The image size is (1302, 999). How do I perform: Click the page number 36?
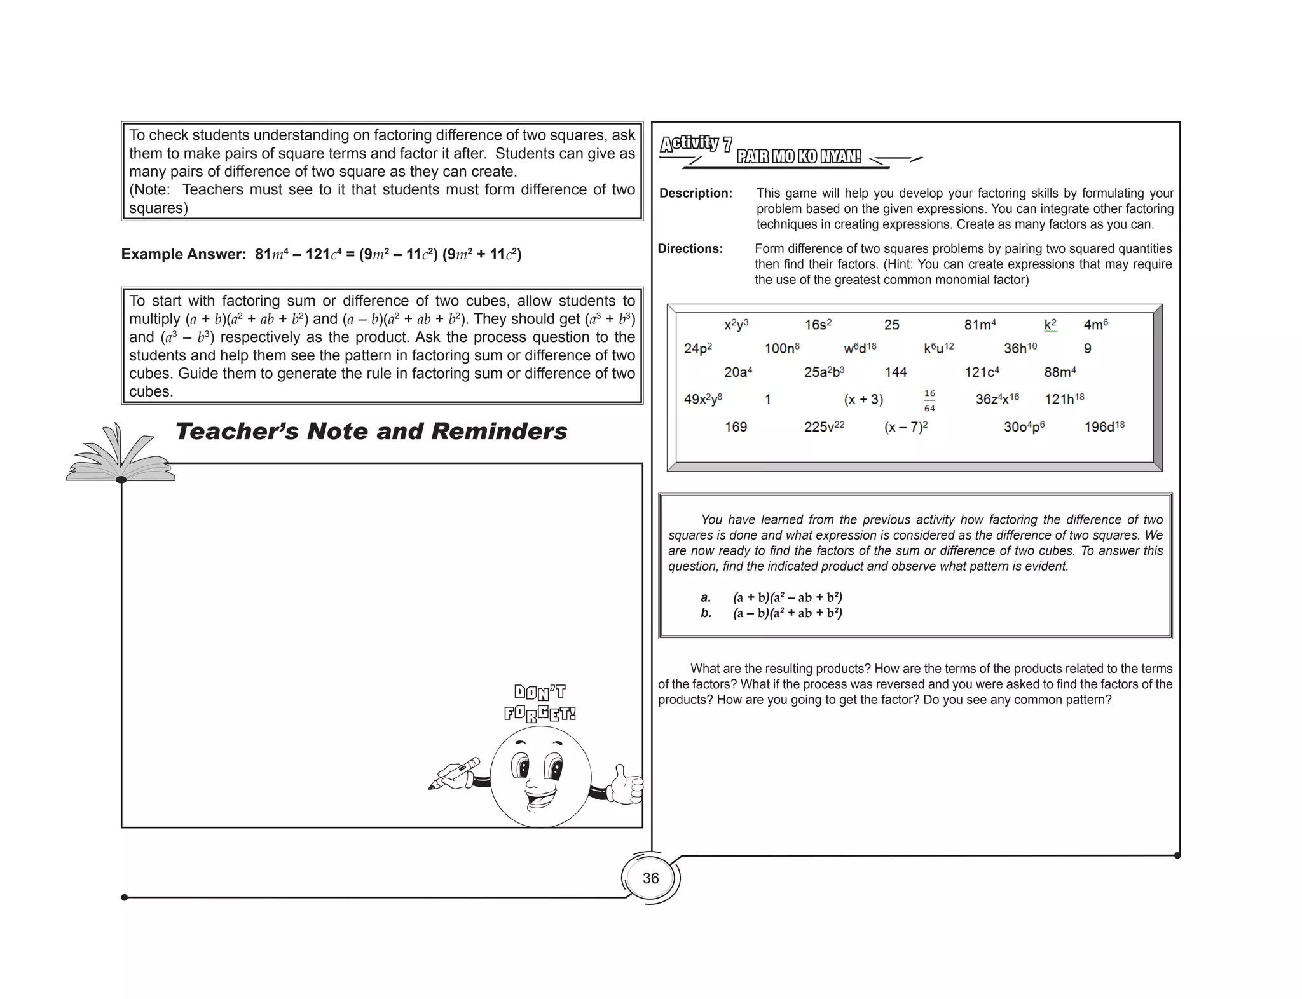pyautogui.click(x=650, y=878)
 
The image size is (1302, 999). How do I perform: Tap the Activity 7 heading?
pyautogui.click(x=696, y=144)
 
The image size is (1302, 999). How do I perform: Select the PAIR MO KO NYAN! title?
pyautogui.click(x=798, y=156)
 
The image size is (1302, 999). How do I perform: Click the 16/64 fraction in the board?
pyautogui.click(x=929, y=401)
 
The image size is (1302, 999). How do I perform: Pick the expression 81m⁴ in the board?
pyautogui.click(x=980, y=325)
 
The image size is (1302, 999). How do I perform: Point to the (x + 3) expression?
pyautogui.click(x=863, y=400)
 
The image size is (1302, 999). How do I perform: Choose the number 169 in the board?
pyautogui.click(x=736, y=427)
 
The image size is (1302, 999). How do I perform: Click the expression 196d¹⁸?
pyautogui.click(x=1104, y=427)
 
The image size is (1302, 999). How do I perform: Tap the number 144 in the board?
pyautogui.click(x=895, y=372)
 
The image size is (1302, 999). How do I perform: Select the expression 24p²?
pyautogui.click(x=697, y=348)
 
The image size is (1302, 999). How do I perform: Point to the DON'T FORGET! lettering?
pyautogui.click(x=540, y=703)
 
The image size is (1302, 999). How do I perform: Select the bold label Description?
pyautogui.click(x=696, y=193)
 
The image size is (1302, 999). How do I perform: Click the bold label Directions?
pyautogui.click(x=690, y=248)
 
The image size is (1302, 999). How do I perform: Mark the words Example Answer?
pyautogui.click(x=183, y=254)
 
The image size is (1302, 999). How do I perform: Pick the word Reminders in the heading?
pyautogui.click(x=499, y=432)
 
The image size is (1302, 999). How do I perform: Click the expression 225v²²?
pyautogui.click(x=823, y=427)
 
